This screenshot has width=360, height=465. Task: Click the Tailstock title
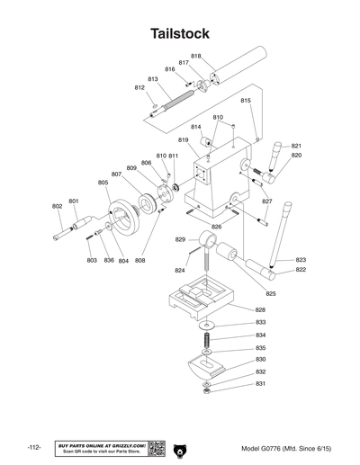180,33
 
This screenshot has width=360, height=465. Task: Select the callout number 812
140,88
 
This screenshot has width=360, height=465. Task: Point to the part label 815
246,101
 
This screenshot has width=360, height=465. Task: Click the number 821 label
296,146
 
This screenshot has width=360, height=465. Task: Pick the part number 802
58,206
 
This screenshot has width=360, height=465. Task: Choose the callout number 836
108,260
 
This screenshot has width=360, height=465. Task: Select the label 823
301,259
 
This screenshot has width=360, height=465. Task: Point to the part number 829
180,240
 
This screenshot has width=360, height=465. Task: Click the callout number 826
216,227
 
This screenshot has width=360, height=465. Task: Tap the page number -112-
35,447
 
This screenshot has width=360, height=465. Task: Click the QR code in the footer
155,447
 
